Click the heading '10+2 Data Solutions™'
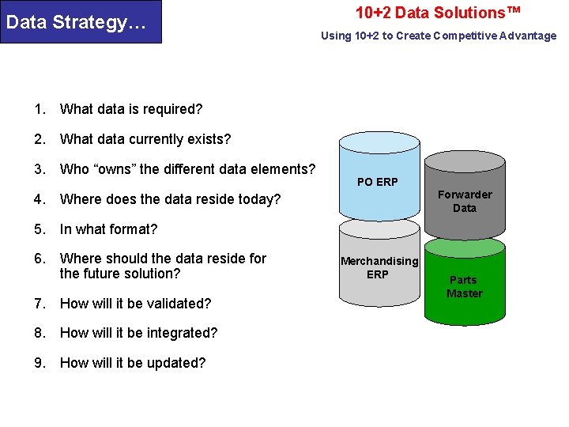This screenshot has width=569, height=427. click(x=438, y=13)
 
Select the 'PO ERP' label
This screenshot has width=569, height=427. click(x=377, y=182)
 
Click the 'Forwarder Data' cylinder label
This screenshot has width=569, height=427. click(x=465, y=201)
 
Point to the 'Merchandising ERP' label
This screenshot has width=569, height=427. click(x=379, y=267)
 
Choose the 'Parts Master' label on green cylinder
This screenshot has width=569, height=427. click(x=464, y=286)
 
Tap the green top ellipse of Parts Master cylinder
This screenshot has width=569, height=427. click(x=465, y=247)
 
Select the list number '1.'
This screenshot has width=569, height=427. click(x=40, y=109)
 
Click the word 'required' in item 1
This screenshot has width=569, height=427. click(x=172, y=109)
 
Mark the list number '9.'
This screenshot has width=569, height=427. click(x=40, y=363)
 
